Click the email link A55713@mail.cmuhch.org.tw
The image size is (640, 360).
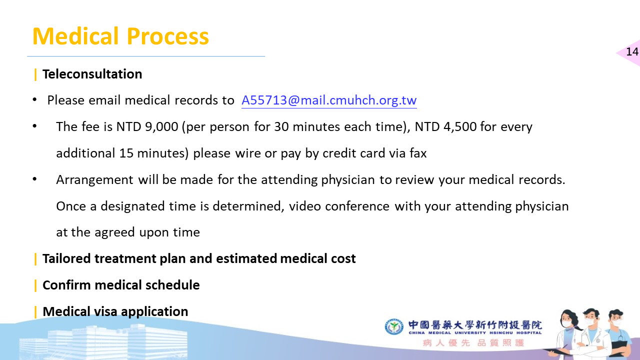coord(329,100)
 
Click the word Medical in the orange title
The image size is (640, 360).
coord(75,36)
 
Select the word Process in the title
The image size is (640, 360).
coord(167,36)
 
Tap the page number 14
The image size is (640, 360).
coord(632,51)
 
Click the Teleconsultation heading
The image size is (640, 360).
coord(92,74)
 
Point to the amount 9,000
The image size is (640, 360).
coord(161,126)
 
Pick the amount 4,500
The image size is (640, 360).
coord(460,126)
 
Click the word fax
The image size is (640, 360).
coord(418,153)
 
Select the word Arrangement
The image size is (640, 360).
coord(95,180)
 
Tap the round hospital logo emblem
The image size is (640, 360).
coord(394,326)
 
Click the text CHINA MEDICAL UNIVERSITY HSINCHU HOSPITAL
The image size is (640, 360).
coord(475,333)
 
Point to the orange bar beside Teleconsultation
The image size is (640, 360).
coord(35,74)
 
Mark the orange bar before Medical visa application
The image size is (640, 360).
coord(35,312)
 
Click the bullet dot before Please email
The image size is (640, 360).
coord(34,99)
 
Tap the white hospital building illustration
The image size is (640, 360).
coord(103,341)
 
